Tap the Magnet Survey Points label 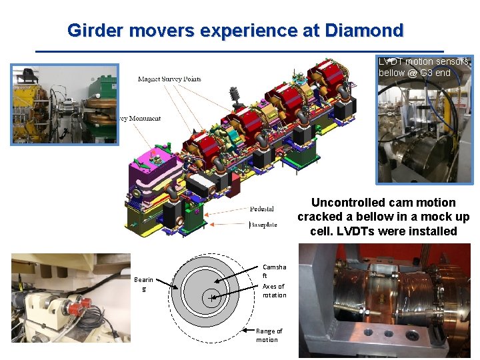[169, 79]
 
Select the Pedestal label [261, 209]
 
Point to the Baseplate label [264, 225]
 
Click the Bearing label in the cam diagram [143, 285]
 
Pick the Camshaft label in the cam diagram [274, 271]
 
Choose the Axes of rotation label [274, 291]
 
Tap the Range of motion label [269, 335]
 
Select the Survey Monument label [140, 119]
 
